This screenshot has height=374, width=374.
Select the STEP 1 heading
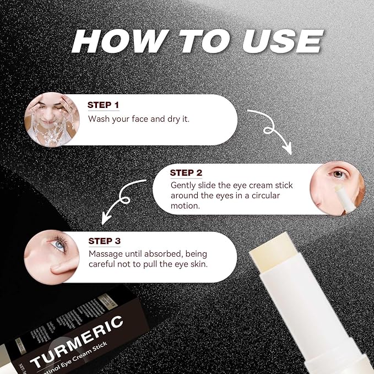coord(104,105)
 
